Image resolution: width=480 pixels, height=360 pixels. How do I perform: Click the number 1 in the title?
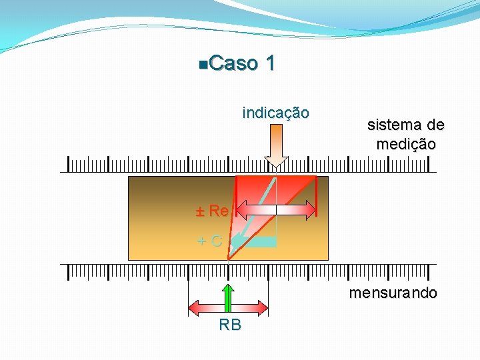pos(270,64)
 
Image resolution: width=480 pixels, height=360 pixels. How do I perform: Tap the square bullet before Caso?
pos(203,65)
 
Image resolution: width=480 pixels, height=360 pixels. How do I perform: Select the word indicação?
pos(275,113)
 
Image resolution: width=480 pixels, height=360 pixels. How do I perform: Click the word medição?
pos(405,143)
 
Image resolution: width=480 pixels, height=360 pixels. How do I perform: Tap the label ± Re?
pos(212,211)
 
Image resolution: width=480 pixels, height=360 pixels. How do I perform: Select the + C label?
pos(210,241)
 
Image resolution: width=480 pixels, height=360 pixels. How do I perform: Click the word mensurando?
pos(393,293)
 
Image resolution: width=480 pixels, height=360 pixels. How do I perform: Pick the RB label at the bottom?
pos(230,325)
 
